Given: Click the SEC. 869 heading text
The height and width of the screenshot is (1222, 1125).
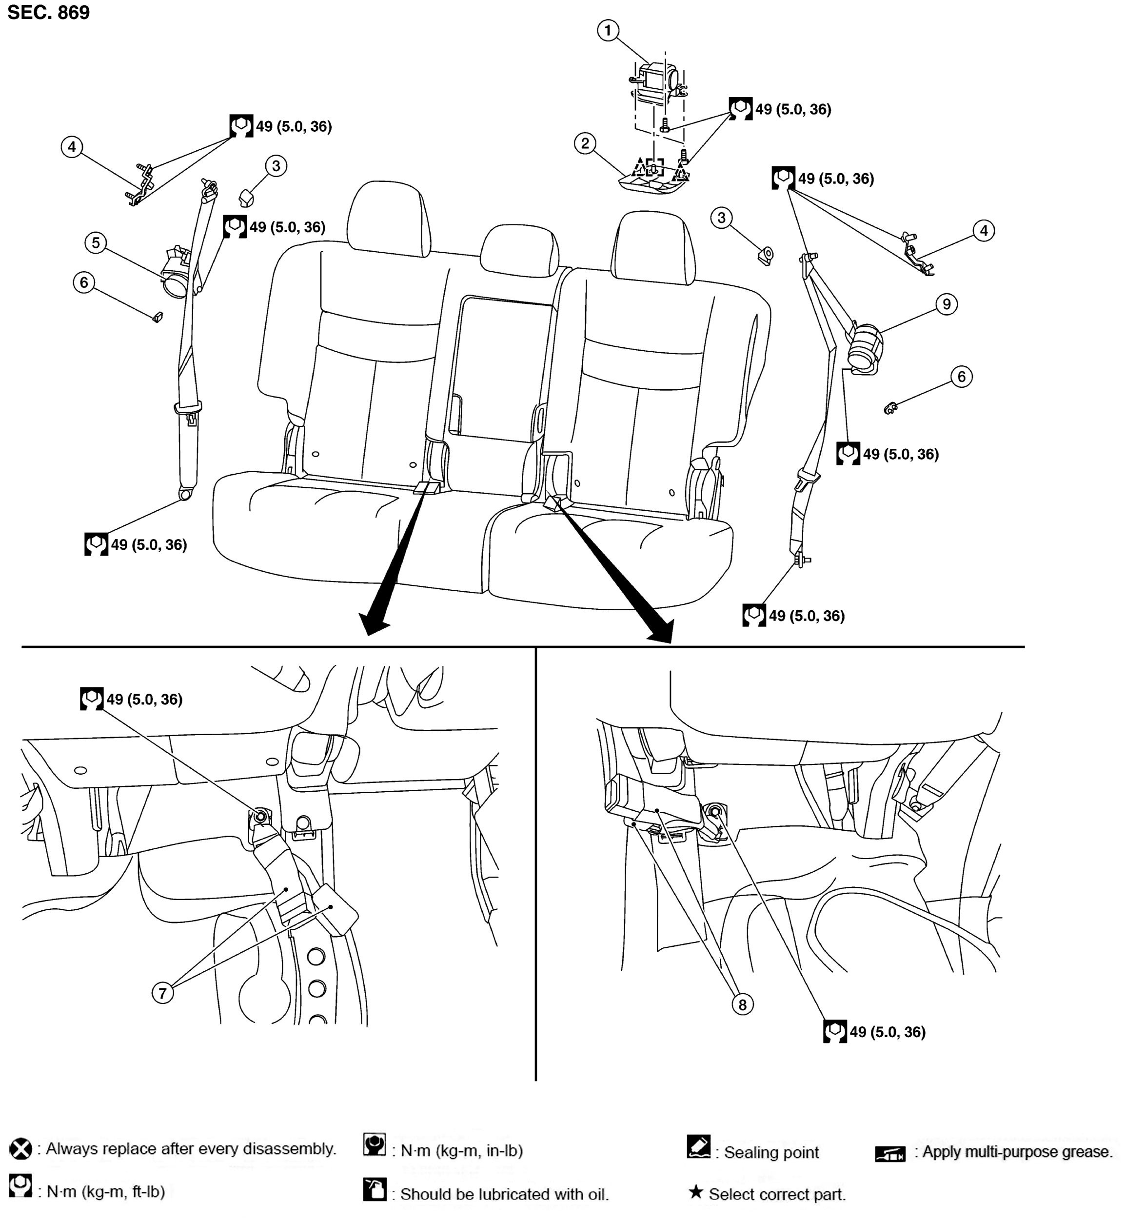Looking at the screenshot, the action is tap(49, 12).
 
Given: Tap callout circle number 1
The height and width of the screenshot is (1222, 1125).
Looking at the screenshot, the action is tap(608, 30).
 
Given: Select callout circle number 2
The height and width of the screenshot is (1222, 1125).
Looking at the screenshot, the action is tap(585, 144).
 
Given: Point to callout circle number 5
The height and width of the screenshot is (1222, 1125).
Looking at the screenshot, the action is tap(96, 243).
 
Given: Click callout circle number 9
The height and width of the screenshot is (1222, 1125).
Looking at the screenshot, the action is tap(946, 304).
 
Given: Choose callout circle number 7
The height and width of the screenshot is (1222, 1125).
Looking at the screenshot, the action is tap(162, 994).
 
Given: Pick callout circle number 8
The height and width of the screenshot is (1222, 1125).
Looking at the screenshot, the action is tap(742, 1004).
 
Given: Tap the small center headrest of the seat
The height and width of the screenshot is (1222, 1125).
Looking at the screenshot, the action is tap(519, 251).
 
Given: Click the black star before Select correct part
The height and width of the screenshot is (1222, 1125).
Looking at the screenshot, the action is tap(696, 1192).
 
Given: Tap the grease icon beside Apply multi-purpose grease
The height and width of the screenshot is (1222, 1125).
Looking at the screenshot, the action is tap(890, 1153).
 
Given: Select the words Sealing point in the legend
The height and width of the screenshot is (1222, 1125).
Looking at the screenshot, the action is tap(771, 1153).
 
